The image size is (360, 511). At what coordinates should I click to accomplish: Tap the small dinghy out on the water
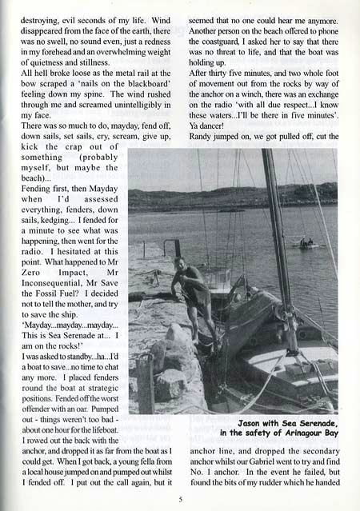click(x=307, y=242)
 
